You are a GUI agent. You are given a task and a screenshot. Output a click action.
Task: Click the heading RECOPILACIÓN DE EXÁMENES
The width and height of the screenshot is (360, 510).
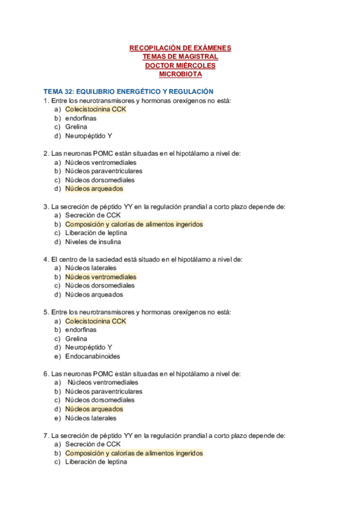[x=180, y=48]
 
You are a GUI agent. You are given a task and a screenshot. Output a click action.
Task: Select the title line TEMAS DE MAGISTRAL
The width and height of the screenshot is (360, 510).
[x=180, y=57]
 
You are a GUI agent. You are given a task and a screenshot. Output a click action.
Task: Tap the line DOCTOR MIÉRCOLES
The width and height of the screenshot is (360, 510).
[x=180, y=66]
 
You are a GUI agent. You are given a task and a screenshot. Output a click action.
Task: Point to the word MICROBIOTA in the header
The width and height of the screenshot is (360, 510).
[x=180, y=74]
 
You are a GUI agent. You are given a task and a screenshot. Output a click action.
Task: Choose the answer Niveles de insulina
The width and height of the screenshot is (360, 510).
[x=93, y=242]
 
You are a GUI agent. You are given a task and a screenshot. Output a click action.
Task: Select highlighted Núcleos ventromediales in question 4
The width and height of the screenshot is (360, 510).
[x=100, y=277]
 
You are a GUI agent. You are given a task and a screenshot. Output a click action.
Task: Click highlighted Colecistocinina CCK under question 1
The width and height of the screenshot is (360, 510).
[x=96, y=109]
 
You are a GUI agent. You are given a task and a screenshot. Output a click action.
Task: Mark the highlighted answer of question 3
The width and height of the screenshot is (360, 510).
[x=134, y=224]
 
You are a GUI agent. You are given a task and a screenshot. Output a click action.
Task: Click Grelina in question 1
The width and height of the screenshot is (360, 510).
[x=76, y=127]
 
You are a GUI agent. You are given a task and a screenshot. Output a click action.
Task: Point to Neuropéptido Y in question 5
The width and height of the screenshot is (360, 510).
[x=89, y=347]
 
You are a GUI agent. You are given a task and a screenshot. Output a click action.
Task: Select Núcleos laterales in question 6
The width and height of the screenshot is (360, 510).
[x=91, y=418]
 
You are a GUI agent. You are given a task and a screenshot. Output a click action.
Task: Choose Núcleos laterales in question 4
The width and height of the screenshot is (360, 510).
[x=91, y=268]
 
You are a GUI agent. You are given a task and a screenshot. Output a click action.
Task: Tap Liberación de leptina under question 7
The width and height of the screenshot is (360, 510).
[x=96, y=462]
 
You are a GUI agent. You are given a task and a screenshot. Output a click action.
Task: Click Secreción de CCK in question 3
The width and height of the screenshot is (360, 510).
[x=93, y=215]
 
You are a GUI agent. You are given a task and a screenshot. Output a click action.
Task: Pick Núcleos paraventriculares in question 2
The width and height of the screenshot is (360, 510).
[x=104, y=171]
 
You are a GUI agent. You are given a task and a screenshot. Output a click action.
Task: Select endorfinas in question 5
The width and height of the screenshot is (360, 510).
[x=81, y=330]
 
